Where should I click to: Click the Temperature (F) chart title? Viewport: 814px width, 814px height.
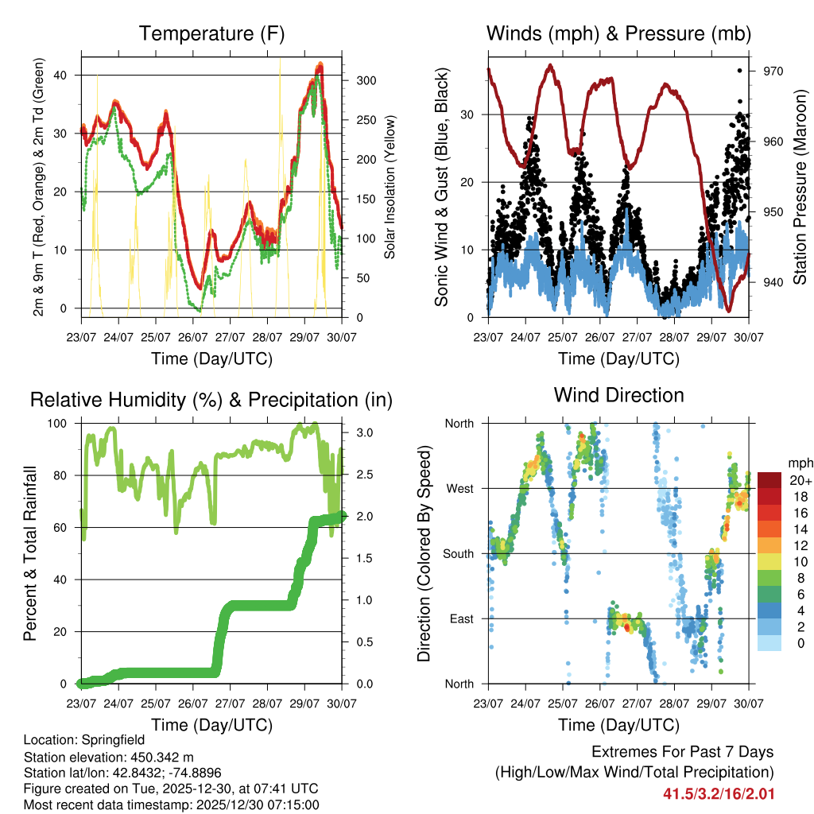coord(211,34)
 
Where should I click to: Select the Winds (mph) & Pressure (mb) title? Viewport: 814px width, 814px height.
coord(618,34)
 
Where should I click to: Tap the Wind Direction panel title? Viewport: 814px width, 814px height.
coord(618,395)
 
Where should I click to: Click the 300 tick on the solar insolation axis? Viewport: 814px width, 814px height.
coord(366,81)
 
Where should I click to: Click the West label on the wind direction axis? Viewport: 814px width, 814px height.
coord(459,488)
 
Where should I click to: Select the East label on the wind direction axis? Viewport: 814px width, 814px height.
coord(460,618)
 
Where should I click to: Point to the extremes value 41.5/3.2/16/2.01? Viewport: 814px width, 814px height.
coord(719,793)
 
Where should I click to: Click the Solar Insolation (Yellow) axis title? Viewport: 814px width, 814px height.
coord(390,187)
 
